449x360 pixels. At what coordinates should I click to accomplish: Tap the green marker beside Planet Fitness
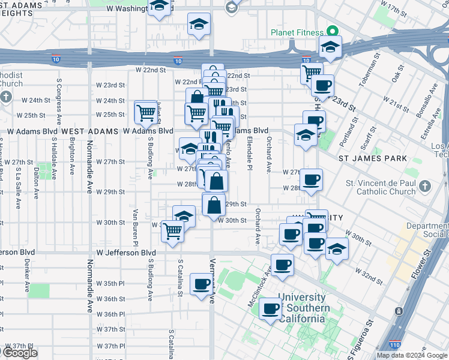pyautogui.click(x=331, y=32)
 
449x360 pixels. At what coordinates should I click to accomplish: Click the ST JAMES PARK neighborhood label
pyautogui.click(x=372, y=158)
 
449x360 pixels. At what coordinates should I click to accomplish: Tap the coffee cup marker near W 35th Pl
pyautogui.click(x=202, y=283)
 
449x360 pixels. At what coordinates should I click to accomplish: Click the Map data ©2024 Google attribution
pyautogui.click(x=412, y=355)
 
